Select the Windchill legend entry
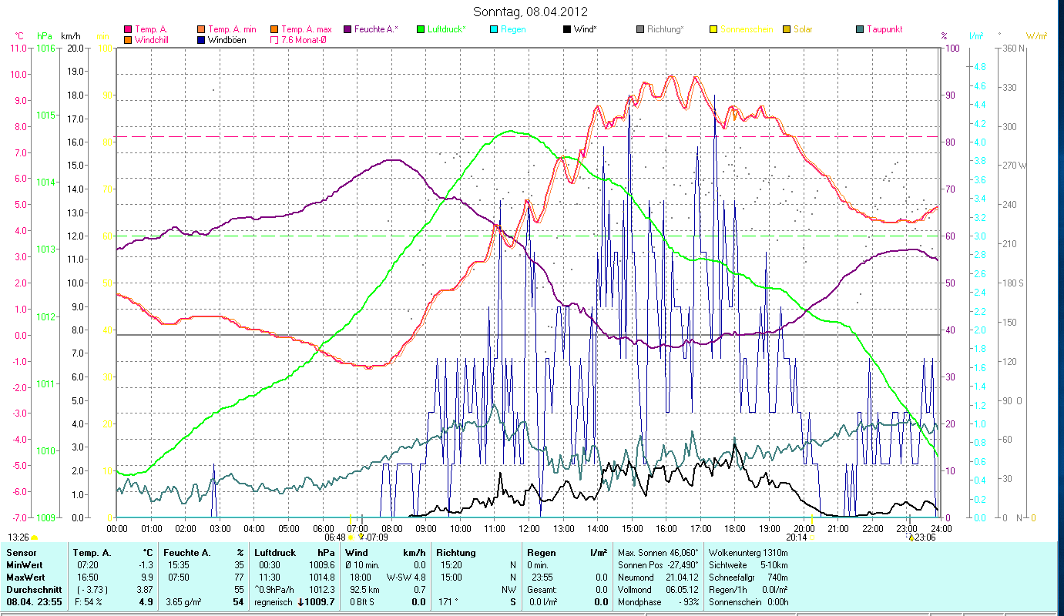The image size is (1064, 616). (x=156, y=39)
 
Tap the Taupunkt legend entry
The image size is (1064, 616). (x=884, y=29)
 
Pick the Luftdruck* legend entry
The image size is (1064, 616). (x=446, y=29)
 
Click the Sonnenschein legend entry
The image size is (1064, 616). (x=747, y=29)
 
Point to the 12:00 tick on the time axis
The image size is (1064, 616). (x=529, y=529)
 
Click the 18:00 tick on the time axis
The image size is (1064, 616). (x=735, y=529)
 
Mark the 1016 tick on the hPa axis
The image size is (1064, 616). (x=45, y=48)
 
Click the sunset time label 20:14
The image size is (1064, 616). (x=795, y=537)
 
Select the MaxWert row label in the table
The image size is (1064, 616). (x=25, y=577)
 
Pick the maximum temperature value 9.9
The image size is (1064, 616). (x=146, y=577)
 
